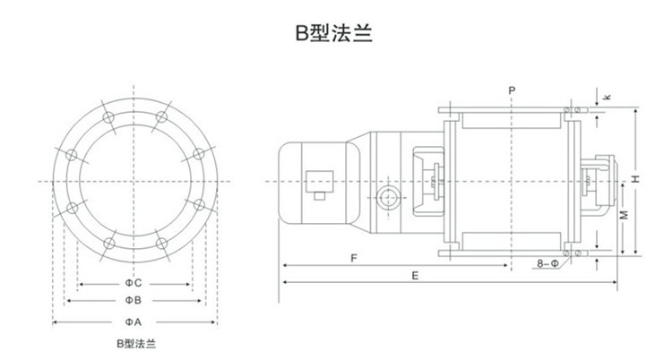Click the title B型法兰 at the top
pos(335,35)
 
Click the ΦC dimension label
pos(134,283)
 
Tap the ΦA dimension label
pos(134,321)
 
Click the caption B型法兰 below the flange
pos(135,343)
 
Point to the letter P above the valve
pos(511,90)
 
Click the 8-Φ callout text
pos(547,264)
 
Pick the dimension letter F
pos(355,258)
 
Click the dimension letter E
pos(416,277)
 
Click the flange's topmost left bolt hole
pos(108,117)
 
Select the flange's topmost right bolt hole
pos(161,117)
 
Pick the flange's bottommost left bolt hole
pos(108,244)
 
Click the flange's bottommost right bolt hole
pos(161,244)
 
